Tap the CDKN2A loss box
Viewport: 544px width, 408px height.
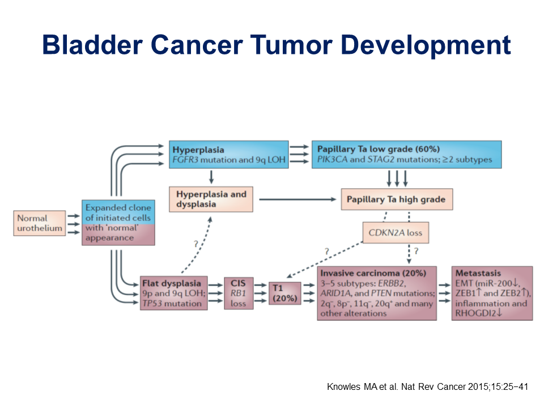point(393,232)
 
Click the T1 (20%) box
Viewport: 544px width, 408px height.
point(284,293)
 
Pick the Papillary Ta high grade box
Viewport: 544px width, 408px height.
point(397,199)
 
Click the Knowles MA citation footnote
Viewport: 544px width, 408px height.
point(428,387)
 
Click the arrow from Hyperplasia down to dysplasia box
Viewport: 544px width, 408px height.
point(211,177)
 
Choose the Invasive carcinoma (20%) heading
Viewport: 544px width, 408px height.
point(373,273)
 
